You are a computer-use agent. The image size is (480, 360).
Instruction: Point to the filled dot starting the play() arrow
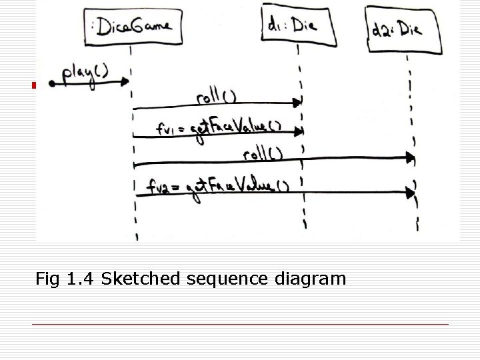click(x=53, y=83)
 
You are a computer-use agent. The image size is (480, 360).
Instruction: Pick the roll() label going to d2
click(x=263, y=155)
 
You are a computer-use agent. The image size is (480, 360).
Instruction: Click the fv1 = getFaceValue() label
click(x=219, y=127)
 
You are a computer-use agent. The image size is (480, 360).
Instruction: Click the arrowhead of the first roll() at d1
click(x=299, y=103)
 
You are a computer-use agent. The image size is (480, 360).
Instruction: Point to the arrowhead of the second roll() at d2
click(x=411, y=158)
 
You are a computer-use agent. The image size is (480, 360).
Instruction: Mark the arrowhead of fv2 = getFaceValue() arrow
click(x=411, y=193)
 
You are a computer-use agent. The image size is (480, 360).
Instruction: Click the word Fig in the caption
click(x=48, y=278)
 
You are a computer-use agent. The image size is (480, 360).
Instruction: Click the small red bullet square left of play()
click(x=32, y=85)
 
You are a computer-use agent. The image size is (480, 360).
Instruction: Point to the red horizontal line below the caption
click(x=240, y=324)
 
